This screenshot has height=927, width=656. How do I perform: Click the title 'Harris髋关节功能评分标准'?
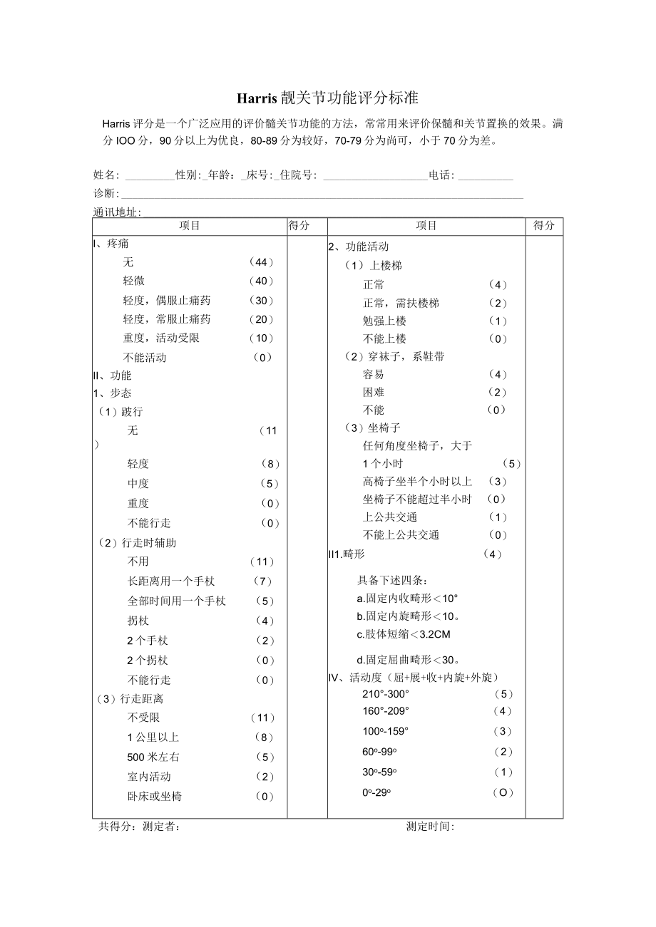tap(327, 98)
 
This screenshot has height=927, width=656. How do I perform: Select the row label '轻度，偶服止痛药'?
tap(167, 301)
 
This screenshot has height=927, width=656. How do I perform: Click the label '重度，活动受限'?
tap(161, 338)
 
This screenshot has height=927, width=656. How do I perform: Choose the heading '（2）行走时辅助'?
tap(137, 543)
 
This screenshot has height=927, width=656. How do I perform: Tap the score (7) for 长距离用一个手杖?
tap(263, 581)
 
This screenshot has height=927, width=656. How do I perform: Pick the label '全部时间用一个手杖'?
tap(177, 601)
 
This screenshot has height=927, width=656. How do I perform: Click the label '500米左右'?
tap(153, 757)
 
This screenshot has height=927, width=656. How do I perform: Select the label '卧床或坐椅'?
tap(155, 796)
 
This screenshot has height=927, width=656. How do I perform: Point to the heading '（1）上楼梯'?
tap(373, 266)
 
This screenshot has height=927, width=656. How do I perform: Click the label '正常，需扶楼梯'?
tap(401, 303)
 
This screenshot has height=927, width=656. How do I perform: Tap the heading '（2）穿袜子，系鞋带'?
tap(394, 356)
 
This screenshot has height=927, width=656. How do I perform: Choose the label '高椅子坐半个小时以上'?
tap(417, 482)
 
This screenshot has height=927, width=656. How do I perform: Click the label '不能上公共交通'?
tap(401, 535)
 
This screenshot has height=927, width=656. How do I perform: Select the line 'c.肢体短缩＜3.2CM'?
tap(404, 634)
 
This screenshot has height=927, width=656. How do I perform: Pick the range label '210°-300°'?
tap(386, 694)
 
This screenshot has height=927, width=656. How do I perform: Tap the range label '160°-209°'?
tap(386, 711)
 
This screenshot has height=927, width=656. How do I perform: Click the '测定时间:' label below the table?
tap(430, 827)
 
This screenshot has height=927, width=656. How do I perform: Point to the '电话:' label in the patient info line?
tap(441, 175)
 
